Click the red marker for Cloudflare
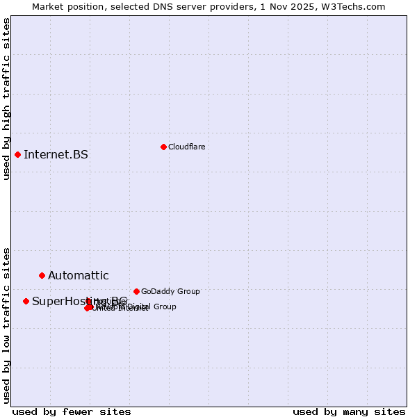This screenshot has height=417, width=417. tap(163, 147)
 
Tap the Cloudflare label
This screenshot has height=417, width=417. tap(186, 147)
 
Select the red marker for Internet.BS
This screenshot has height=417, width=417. tap(17, 154)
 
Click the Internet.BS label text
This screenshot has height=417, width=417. tap(56, 154)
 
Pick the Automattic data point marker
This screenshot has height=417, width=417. tap(42, 275)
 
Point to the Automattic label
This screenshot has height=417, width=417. tap(78, 276)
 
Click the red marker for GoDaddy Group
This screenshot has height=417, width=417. tap(136, 291)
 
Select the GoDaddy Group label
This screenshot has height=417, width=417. tap(170, 291)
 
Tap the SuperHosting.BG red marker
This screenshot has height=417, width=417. tap(26, 301)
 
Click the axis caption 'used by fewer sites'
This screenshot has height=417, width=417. tap(72, 411)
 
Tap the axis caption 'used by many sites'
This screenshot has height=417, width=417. tap(349, 411)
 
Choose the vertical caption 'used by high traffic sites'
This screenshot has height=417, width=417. tap(7, 99)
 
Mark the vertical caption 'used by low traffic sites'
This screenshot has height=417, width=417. tap(7, 325)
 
